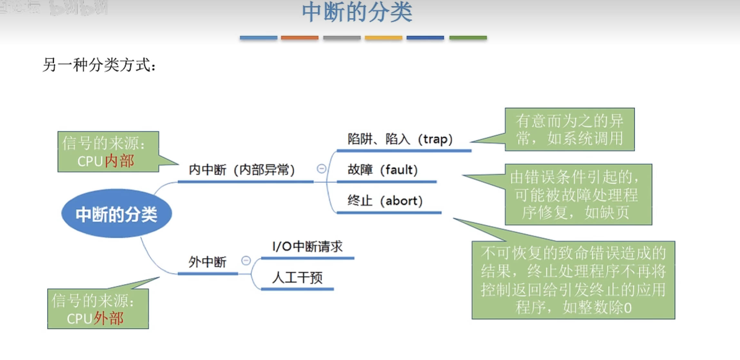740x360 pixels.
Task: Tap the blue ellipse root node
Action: pos(116,214)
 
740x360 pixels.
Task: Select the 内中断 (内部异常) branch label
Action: pos(242,170)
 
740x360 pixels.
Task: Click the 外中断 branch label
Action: pos(207,262)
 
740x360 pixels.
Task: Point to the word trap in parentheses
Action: pos(435,139)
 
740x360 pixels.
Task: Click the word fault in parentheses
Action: pos(399,170)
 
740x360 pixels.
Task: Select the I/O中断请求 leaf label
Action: pos(307,247)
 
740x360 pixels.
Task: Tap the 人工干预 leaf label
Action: pos(297,277)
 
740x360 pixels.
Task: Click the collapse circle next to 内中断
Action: pos(321,169)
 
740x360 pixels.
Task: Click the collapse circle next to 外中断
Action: pos(246,260)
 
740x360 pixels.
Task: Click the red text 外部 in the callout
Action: pos(109,318)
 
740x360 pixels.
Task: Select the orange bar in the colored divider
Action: pos(300,38)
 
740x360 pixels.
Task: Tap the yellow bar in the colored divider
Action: pos(383,38)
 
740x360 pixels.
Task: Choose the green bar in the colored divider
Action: pos(468,38)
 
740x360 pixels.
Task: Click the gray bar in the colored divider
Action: pos(342,38)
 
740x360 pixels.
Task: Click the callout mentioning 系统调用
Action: pos(569,130)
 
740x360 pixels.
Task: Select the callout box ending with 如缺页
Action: pos(578,195)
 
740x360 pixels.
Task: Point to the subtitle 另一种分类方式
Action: pos(99,65)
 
